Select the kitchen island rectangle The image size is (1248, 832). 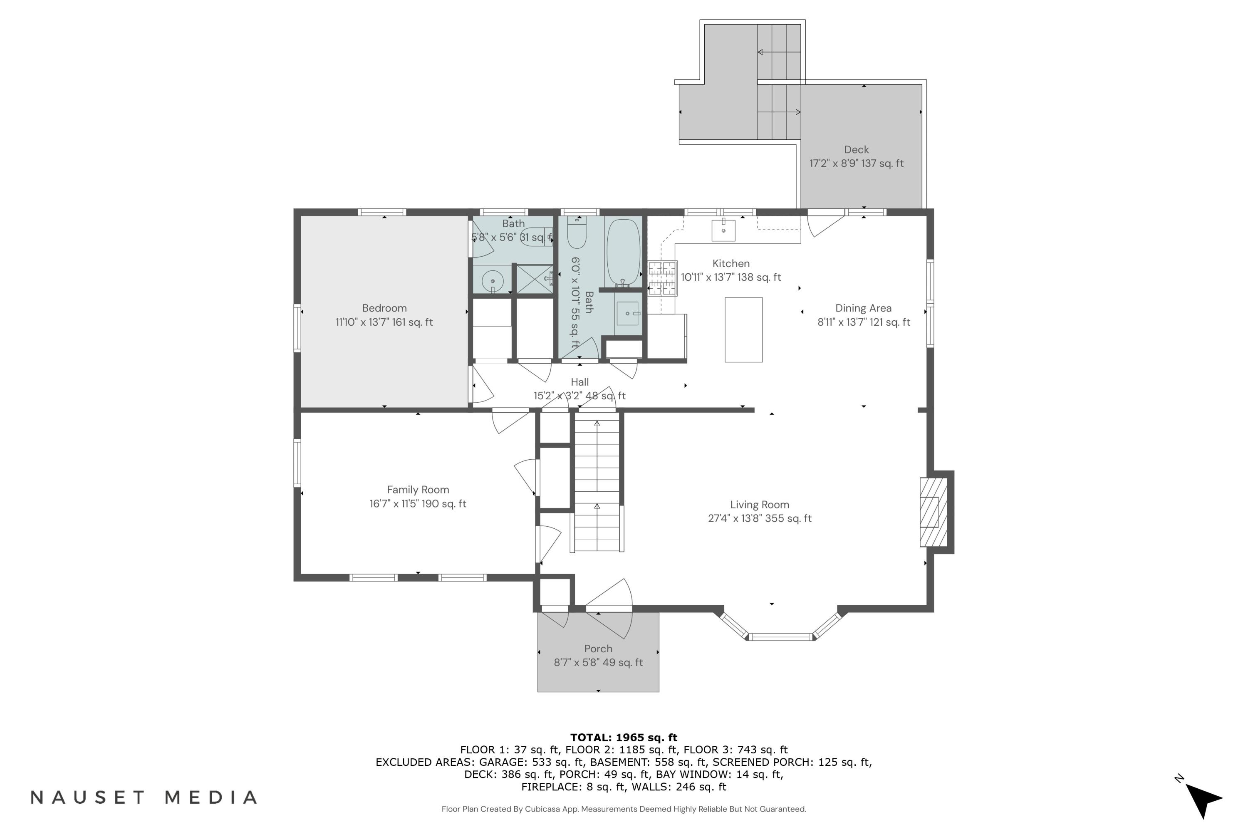point(743,330)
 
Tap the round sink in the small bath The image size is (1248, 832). point(493,281)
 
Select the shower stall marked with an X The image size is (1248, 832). point(534,279)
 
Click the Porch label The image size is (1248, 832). point(598,649)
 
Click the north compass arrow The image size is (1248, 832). point(1203,797)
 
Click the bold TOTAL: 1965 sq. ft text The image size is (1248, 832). point(624,738)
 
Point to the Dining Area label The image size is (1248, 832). point(863,308)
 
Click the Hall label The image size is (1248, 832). point(579,382)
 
